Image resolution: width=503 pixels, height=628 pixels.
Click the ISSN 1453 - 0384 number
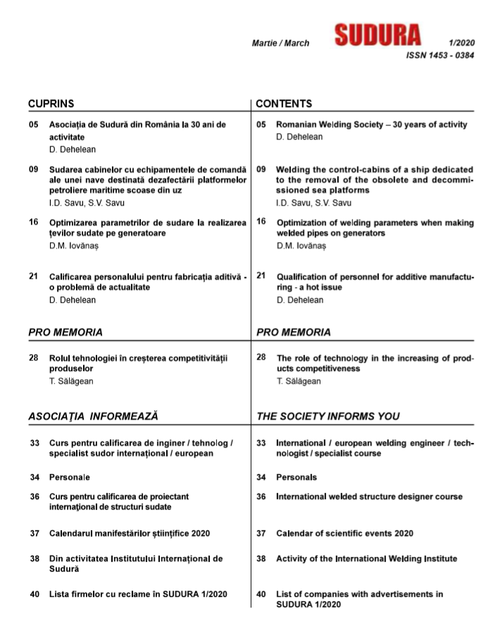pos(440,56)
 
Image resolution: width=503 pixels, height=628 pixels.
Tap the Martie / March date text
pos(280,44)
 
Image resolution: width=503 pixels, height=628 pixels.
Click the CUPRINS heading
pos(51,103)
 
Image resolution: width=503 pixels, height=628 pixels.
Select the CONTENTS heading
pos(284,103)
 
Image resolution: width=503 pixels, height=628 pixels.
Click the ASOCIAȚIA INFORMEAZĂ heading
pos(93,416)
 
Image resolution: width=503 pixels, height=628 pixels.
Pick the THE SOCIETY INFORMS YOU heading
pos(328,416)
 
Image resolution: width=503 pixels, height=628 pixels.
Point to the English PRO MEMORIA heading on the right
pos(294,332)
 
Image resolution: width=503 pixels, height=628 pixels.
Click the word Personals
pos(296,477)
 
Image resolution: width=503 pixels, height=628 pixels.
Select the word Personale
pos(70,477)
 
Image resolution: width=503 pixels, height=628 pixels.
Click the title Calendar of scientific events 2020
pos(344,533)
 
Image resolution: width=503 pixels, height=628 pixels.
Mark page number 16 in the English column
pos(261,222)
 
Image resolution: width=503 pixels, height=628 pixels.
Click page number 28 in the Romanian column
pos(34,358)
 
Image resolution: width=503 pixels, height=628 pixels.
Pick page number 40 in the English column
pos(261,594)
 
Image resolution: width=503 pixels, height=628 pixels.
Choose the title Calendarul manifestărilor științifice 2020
pos(130,533)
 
